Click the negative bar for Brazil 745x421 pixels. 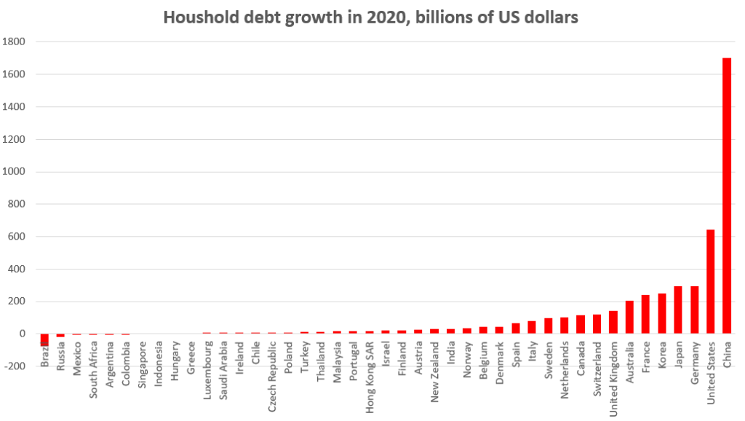[44, 339]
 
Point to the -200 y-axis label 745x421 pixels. [14, 366]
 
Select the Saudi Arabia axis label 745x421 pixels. [223, 370]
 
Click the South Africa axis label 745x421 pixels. [94, 369]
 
